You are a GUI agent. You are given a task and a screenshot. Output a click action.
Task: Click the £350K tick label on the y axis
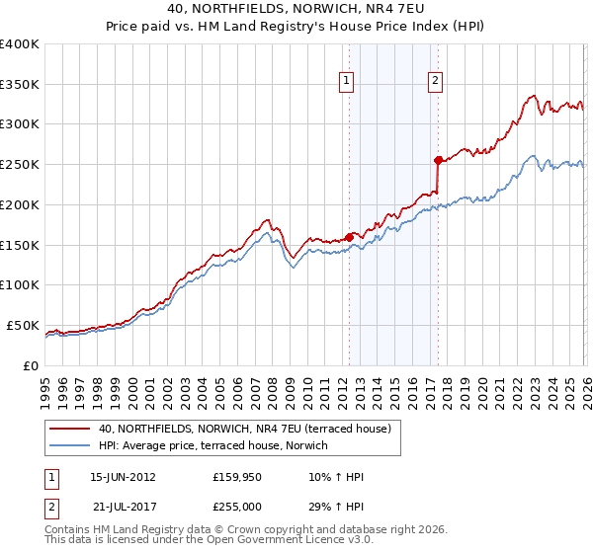coord(20,85)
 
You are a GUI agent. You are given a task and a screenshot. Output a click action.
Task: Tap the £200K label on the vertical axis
coord(20,204)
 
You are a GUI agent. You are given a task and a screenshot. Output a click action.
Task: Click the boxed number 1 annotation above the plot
coord(349,83)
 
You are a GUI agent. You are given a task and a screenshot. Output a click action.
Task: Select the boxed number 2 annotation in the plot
coord(436,83)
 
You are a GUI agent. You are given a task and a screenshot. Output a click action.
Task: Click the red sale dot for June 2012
coord(349,237)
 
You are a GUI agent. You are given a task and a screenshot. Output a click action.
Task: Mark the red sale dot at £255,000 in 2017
coord(437,159)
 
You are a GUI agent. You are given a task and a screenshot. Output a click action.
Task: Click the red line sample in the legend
coord(69,429)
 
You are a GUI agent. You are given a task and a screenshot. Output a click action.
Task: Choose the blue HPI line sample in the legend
coord(69,445)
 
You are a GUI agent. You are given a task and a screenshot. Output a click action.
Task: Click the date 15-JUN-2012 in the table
coord(123,477)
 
